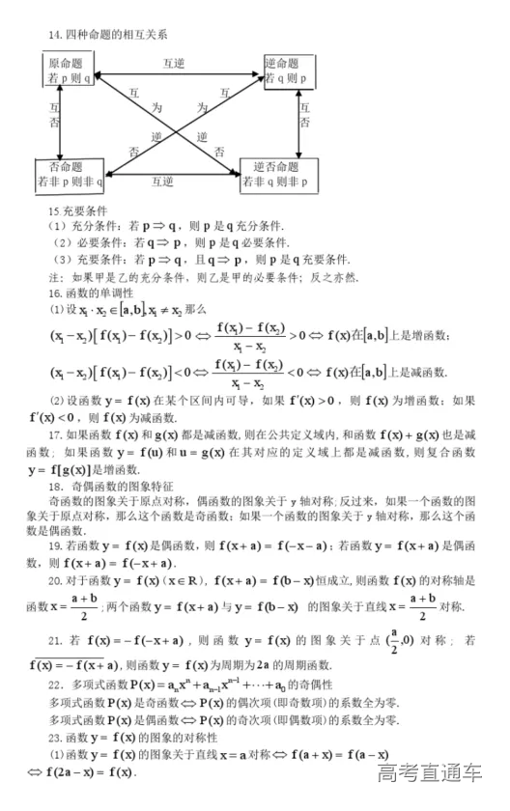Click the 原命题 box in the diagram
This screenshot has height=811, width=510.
tap(67, 70)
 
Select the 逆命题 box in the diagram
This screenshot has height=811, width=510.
tap(290, 70)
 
